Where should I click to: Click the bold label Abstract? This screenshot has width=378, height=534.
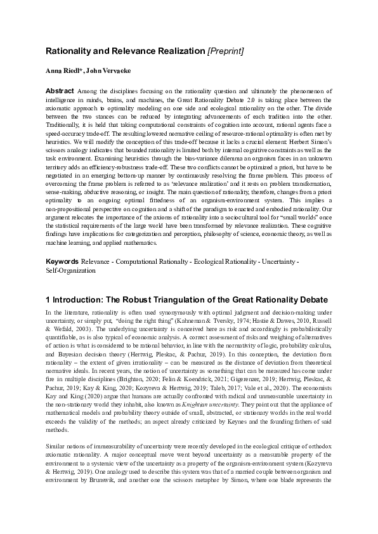tap(60, 91)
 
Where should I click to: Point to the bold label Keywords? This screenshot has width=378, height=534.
tap(62, 261)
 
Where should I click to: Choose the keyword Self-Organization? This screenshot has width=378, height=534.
tap(71, 270)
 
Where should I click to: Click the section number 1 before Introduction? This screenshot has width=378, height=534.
tap(48, 299)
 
